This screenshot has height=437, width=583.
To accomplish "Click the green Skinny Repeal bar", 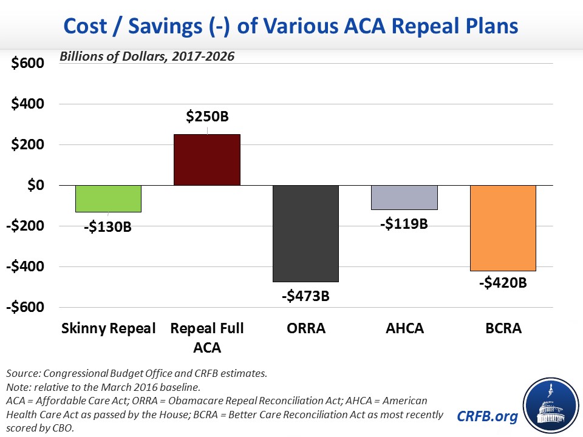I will coord(108,198).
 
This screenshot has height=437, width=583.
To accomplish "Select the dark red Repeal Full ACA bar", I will coord(207,160).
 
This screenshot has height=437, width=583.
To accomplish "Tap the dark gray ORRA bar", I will coord(305,233).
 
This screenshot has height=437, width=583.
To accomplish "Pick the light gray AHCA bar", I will coord(404,197).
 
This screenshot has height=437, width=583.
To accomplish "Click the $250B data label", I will coord(208,115).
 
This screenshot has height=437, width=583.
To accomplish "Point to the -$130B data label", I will coord(107,228).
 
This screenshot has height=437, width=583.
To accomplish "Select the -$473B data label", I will coord(305,297).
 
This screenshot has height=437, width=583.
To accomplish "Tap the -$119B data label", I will coord(404,224).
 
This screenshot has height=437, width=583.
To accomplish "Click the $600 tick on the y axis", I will coord(28,63).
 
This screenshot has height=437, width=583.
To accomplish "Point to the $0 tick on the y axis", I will coord(34,185).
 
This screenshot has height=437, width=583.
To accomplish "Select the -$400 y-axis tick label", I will coord(26,266).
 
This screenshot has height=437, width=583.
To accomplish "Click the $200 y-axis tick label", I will coord(28,144).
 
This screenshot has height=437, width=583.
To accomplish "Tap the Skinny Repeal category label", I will coord(109,329).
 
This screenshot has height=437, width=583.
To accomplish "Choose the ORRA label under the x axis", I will coord(305,329).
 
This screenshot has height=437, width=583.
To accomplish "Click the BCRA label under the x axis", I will coord(503,329).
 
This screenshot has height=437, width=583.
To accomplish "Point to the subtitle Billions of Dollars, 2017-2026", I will coord(146,56).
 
